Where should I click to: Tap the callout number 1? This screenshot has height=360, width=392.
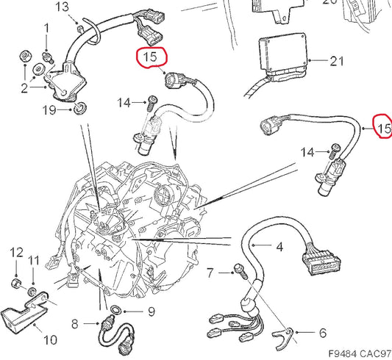coord(46,29)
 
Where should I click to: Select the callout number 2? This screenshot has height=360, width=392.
coord(24,89)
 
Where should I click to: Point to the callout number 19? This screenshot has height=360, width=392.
coord(49,110)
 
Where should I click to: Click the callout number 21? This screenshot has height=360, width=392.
coord(336,61)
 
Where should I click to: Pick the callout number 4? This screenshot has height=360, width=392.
coord(279,248)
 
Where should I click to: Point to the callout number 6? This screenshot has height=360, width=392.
coord(323,333)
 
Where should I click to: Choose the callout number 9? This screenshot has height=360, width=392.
coord(151,312)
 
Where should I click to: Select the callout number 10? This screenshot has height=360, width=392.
coord(50,339)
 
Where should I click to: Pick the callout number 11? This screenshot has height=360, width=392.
coord(34,262)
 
